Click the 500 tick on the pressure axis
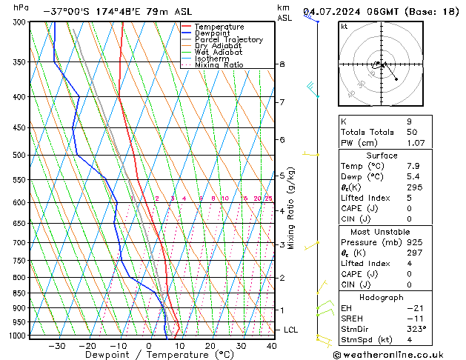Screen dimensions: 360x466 click(20, 156)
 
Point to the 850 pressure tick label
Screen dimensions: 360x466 click(20, 293)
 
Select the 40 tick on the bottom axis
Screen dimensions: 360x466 click(272, 345)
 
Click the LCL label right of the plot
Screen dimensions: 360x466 click(291, 330)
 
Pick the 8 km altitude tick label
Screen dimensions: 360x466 click(282, 64)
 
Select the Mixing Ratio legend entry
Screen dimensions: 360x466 click(219, 64)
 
